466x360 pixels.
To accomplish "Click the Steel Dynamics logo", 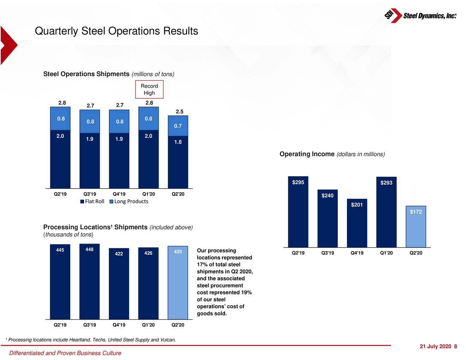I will (x=420, y=16).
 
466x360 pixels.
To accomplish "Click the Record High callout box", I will (x=149, y=90).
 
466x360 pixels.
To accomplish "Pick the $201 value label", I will (x=357, y=205).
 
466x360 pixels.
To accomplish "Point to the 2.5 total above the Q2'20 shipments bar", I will (x=179, y=112).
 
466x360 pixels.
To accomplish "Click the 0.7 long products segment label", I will (x=178, y=126).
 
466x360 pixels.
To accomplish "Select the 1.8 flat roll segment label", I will (x=178, y=142).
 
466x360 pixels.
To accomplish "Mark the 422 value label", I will (x=119, y=254).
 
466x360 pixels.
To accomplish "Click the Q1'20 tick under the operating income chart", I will (x=386, y=253).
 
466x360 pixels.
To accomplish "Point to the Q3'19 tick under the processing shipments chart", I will (x=90, y=325).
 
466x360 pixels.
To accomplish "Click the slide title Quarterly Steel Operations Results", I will (x=116, y=31).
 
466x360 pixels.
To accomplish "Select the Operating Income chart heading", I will (x=332, y=154).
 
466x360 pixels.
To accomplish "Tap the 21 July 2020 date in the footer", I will (x=435, y=347).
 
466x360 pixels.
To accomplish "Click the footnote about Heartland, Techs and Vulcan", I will (x=91, y=340).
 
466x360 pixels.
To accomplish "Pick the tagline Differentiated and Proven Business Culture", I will (x=65, y=353).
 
